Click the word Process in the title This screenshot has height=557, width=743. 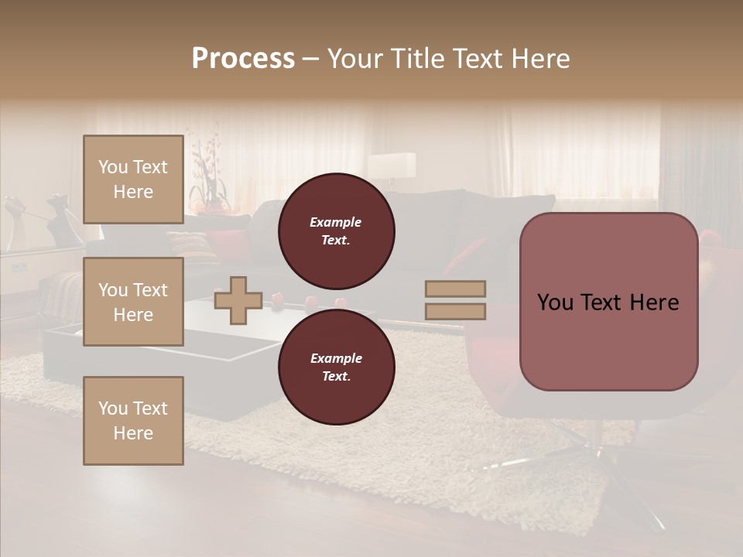point(243,59)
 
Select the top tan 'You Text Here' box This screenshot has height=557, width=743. point(133,179)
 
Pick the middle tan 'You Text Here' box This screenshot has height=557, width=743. point(133,302)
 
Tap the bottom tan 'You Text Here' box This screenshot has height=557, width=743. point(133,421)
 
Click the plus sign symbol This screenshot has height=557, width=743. point(238,302)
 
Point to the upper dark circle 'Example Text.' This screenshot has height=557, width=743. point(336,231)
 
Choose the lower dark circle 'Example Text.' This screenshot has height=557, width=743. point(336,367)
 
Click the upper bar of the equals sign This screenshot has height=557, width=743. point(456,289)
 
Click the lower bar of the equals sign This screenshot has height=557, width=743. point(456,312)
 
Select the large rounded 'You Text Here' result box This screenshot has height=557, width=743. point(608,302)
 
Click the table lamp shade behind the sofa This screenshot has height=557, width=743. point(392,165)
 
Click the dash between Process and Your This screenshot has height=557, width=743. point(311,60)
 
